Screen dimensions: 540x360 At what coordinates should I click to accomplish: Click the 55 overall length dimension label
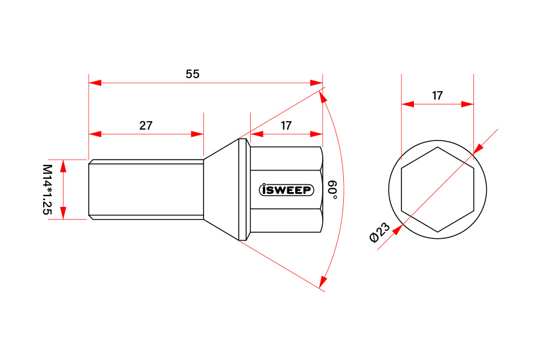click(193, 74)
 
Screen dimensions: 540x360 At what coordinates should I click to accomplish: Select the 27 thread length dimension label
click(146, 125)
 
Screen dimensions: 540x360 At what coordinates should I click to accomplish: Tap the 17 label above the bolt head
click(286, 125)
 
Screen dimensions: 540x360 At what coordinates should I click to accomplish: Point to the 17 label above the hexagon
click(437, 95)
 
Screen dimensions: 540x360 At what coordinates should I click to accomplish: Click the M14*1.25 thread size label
click(47, 190)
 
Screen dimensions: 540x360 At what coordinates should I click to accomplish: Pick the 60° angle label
click(332, 190)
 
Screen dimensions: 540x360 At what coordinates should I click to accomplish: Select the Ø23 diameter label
click(380, 232)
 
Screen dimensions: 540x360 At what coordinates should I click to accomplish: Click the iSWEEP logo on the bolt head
click(286, 190)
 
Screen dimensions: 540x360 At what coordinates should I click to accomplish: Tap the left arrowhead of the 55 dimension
click(95, 83)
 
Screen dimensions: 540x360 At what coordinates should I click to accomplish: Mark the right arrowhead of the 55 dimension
click(316, 83)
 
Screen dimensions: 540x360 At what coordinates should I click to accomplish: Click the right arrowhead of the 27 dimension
click(197, 134)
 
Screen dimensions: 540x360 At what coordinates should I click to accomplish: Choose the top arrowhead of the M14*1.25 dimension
click(63, 166)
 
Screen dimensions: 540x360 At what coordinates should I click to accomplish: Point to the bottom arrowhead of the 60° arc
click(323, 281)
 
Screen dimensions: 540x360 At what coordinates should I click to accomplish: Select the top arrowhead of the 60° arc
click(323, 97)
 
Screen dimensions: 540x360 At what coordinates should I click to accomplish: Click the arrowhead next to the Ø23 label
click(398, 229)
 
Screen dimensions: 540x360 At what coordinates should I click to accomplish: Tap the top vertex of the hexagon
click(438, 147)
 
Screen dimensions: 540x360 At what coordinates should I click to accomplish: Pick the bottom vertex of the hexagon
click(438, 232)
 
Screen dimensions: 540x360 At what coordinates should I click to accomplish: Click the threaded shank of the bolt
click(146, 190)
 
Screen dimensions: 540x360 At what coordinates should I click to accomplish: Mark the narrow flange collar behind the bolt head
click(242, 190)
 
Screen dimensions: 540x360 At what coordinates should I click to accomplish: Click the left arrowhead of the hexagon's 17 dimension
click(408, 104)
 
